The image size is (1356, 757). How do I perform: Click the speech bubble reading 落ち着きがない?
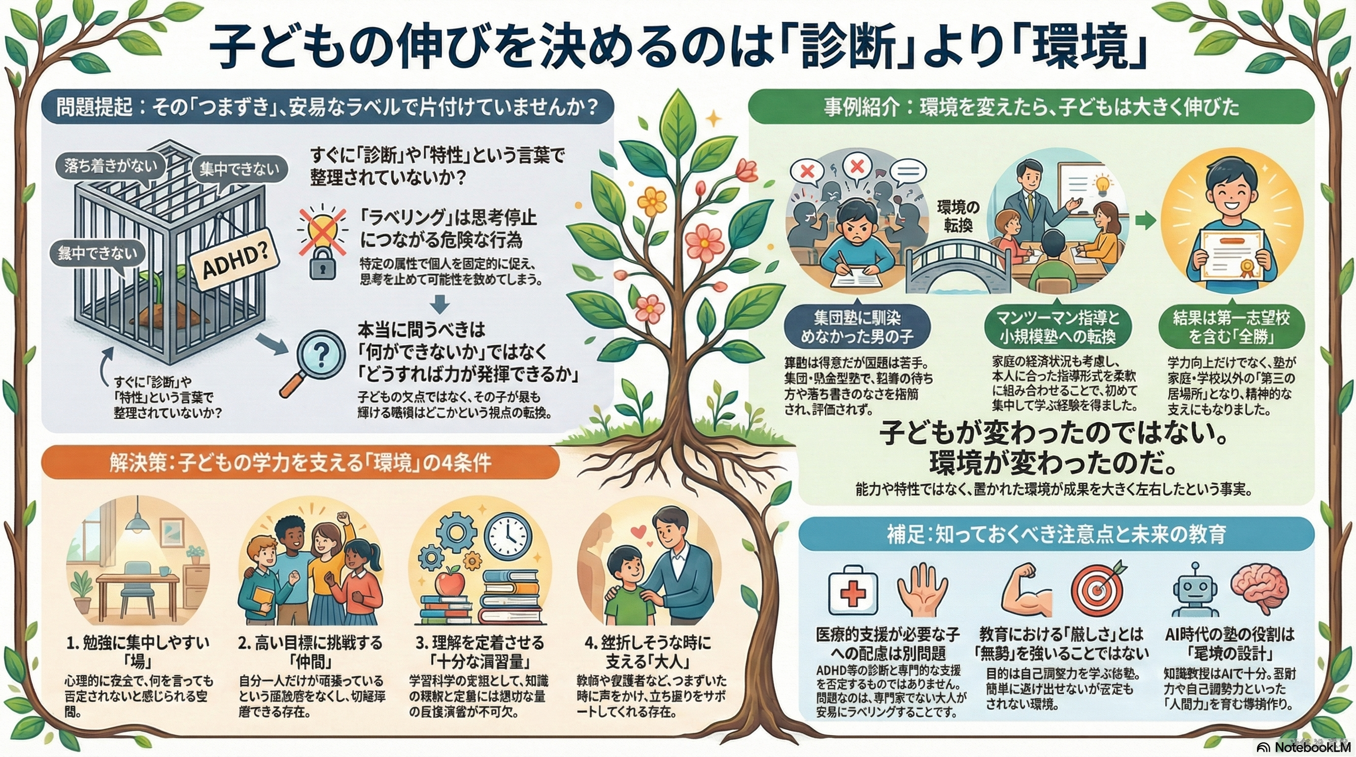pos(110,167)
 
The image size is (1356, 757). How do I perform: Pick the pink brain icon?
pos(1259,590)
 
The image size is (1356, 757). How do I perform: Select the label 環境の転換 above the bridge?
pos(958,216)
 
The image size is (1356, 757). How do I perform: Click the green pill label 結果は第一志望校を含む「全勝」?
pos(1231,326)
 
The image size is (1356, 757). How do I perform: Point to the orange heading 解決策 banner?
pos(300,463)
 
